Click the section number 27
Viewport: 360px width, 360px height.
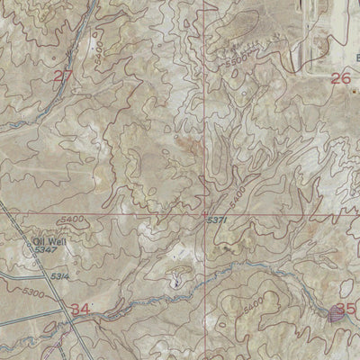[x=61, y=76]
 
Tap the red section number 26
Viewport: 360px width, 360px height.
[x=339, y=79]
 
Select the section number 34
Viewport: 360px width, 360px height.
[x=81, y=310]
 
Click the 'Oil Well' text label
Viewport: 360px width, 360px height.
[x=44, y=241]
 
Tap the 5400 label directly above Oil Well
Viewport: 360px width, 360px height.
[x=49, y=219]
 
